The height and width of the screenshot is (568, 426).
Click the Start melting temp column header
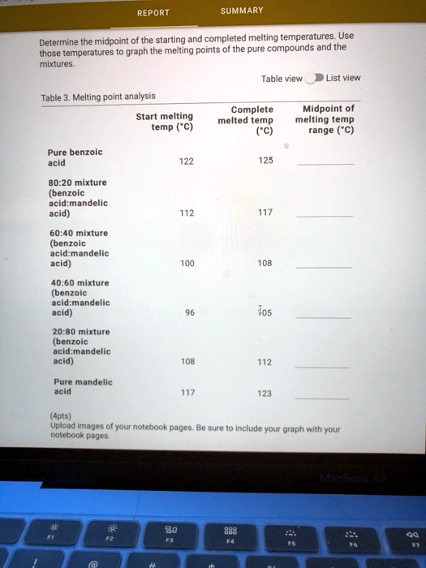[x=165, y=122]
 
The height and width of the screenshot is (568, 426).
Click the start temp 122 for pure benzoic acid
[x=187, y=161]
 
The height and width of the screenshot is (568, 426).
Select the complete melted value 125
[x=265, y=161]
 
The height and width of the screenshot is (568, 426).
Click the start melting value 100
[x=187, y=264]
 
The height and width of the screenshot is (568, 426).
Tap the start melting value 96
[x=189, y=312]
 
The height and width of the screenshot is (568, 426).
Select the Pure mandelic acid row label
[x=83, y=385]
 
